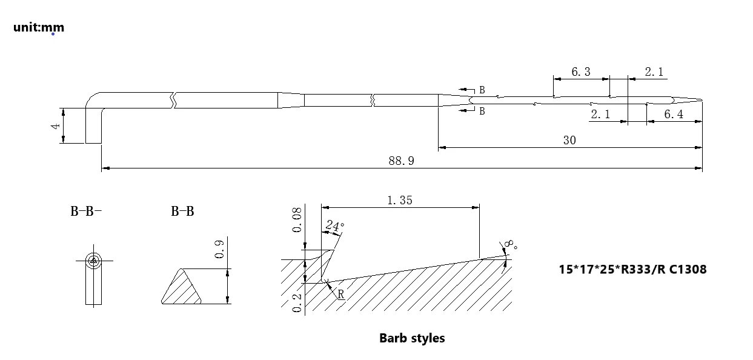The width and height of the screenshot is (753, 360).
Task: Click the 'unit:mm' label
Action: (x=39, y=27)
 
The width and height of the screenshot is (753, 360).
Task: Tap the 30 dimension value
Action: (x=569, y=140)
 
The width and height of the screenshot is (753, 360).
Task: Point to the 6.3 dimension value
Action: (x=580, y=72)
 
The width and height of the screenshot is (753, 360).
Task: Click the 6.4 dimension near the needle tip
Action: (x=673, y=115)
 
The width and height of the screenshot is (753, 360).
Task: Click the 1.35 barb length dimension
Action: (x=399, y=200)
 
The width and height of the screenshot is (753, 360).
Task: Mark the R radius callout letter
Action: (x=340, y=295)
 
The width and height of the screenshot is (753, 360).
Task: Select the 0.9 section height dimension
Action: (x=220, y=248)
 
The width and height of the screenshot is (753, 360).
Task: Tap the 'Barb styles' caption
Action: (x=412, y=338)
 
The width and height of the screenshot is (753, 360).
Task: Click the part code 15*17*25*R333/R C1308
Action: (x=632, y=268)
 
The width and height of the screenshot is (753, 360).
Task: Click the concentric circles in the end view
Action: (x=93, y=261)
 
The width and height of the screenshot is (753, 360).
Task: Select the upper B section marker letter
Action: (x=482, y=90)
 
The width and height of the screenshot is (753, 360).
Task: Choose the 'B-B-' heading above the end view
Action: (x=85, y=212)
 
